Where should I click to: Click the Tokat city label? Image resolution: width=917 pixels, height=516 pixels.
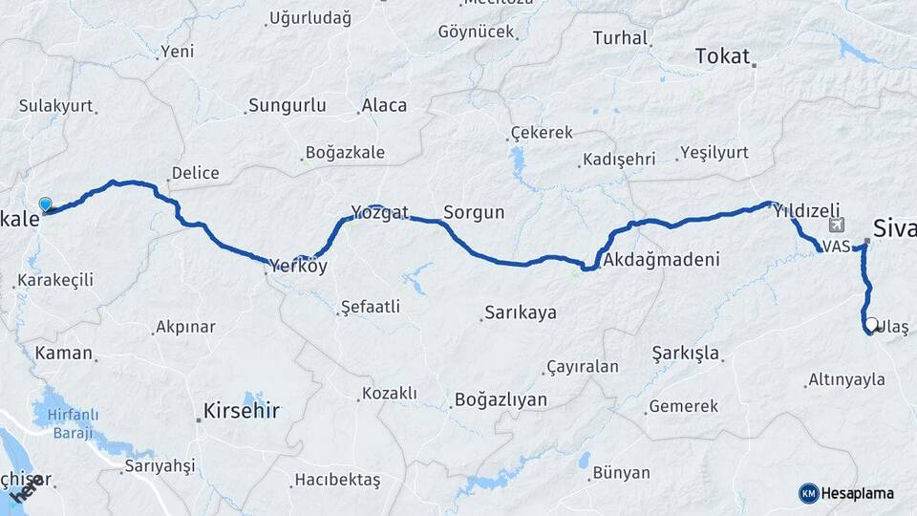[722, 56]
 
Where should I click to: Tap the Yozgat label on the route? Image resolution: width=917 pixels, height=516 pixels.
[379, 212]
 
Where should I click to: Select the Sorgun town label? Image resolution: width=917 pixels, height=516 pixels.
[474, 212]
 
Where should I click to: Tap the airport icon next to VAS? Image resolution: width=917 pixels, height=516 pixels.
[838, 226]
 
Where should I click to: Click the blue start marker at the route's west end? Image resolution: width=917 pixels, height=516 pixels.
[45, 204]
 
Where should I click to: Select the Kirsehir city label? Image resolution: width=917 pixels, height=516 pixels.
[241, 411]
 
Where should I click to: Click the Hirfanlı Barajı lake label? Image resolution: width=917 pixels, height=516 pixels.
[66, 424]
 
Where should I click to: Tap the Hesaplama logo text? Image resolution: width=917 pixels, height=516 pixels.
[858, 493]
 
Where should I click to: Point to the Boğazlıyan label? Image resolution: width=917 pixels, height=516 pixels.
[501, 399]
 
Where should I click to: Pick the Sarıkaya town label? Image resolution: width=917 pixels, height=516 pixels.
[520, 312]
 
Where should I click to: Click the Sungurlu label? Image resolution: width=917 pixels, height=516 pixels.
[287, 106]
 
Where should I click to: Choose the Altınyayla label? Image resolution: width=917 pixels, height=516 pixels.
[846, 379]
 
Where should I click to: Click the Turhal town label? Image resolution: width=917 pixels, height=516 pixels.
[620, 38]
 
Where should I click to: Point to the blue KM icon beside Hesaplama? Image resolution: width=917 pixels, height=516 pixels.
[808, 493]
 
